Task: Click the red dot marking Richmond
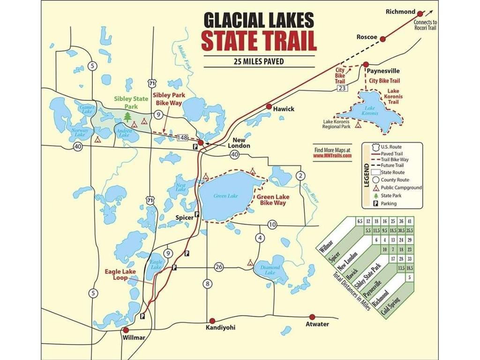pyautogui.click(x=420, y=14)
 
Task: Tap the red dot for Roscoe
pyautogui.click(x=383, y=39)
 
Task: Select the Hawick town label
pyautogui.click(x=284, y=109)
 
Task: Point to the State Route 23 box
pyautogui.click(x=342, y=88)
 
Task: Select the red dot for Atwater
pyautogui.click(x=312, y=317)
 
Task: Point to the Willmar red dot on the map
pyautogui.click(x=126, y=329)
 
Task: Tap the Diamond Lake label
pyautogui.click(x=270, y=270)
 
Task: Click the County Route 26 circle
pyautogui.click(x=219, y=267)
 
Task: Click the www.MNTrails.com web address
pyautogui.click(x=332, y=156)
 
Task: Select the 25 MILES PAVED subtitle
pyautogui.click(x=259, y=61)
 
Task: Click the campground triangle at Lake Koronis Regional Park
pyautogui.click(x=359, y=125)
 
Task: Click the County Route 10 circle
pyautogui.click(x=272, y=225)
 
